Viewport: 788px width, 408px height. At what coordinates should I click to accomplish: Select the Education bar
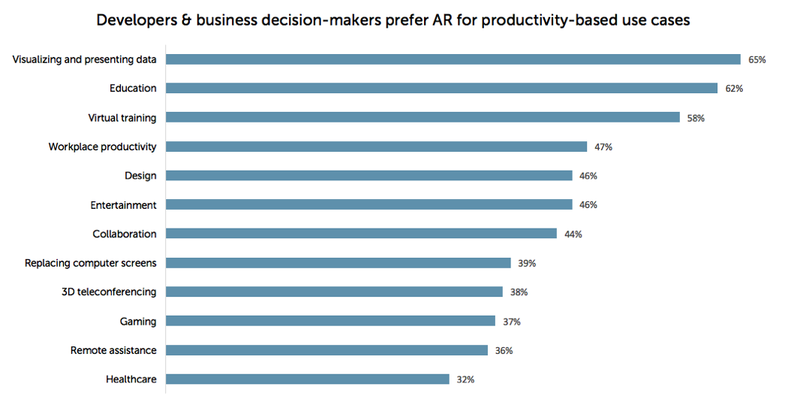[441, 88]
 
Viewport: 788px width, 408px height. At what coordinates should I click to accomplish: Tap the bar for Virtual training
[423, 117]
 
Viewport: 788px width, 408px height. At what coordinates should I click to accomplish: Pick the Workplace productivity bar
[376, 147]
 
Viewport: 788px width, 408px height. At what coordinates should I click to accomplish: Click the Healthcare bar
[308, 379]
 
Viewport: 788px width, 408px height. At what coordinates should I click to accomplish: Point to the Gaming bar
[330, 321]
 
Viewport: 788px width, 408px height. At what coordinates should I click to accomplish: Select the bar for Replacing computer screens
[338, 263]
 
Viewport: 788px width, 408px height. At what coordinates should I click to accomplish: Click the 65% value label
[756, 59]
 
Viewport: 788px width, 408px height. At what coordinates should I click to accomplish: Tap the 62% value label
[734, 89]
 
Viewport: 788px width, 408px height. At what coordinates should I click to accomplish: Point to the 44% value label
[573, 234]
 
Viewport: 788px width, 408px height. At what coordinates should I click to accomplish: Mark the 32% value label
[465, 379]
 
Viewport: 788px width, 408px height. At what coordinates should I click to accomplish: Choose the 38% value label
[519, 292]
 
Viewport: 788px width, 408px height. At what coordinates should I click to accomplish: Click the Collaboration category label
[125, 234]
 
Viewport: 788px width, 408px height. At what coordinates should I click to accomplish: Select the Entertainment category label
[123, 205]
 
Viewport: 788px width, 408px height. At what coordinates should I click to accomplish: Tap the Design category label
[140, 176]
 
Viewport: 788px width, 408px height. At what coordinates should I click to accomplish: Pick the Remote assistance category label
[113, 350]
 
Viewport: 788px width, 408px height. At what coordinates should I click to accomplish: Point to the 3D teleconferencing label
[109, 292]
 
